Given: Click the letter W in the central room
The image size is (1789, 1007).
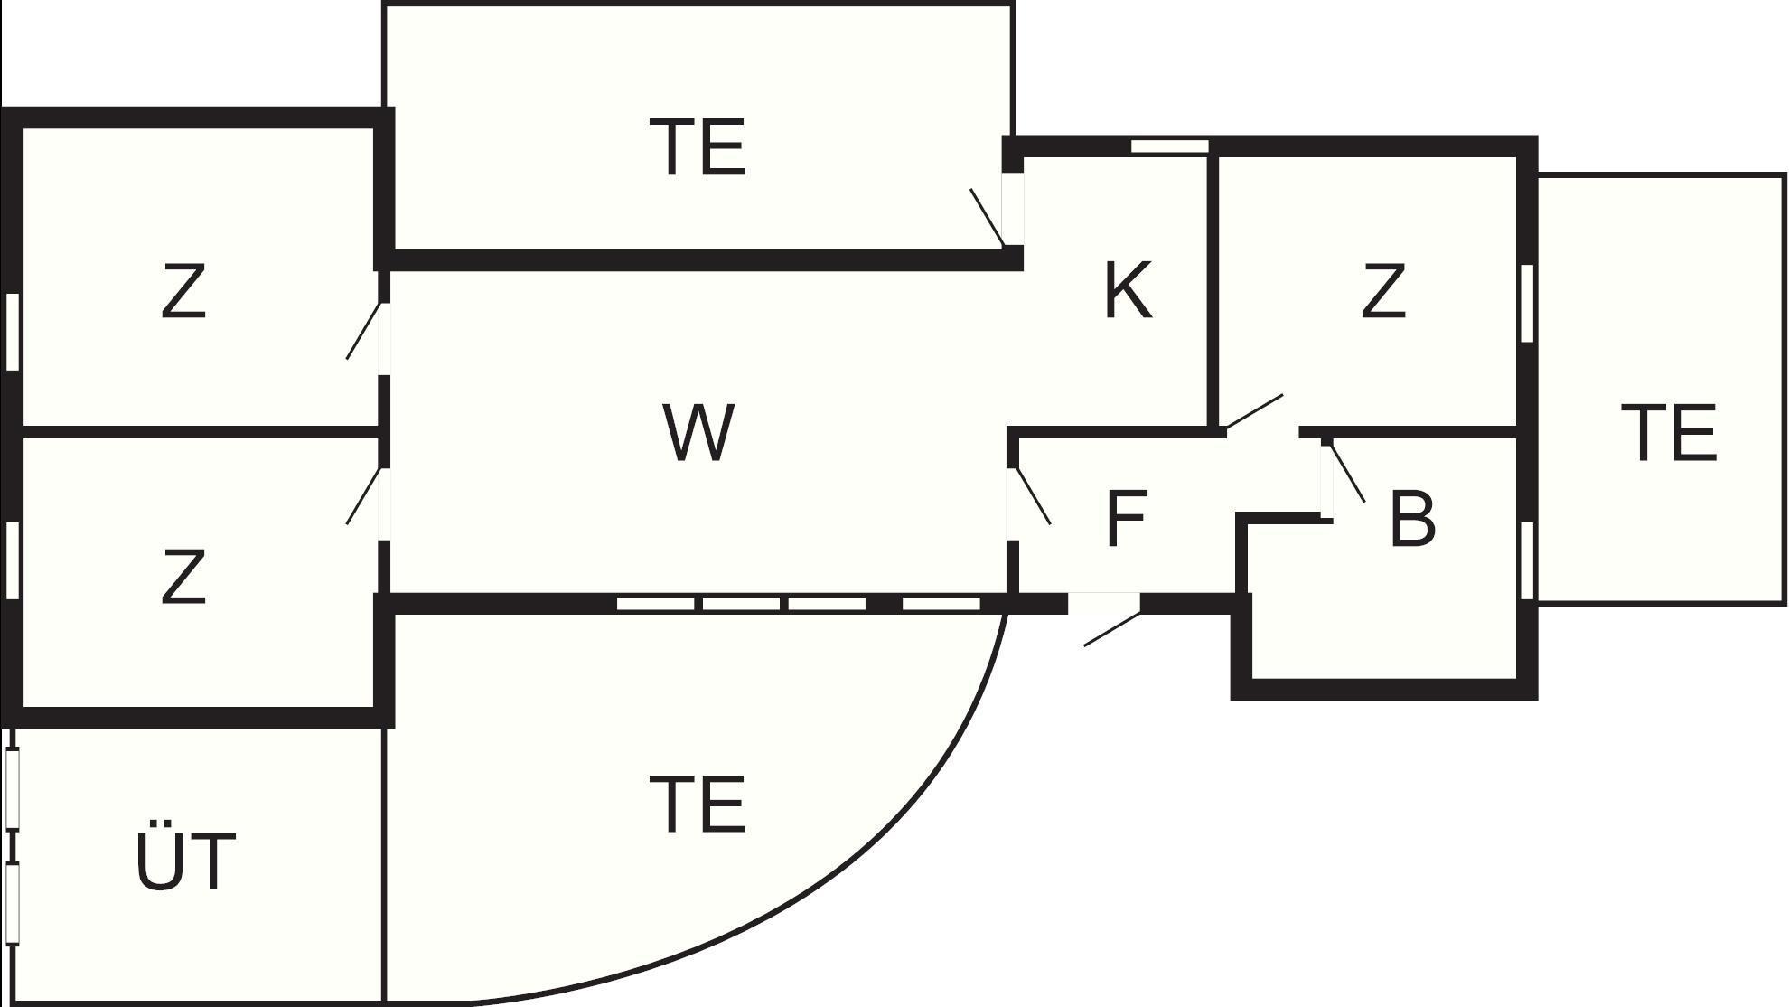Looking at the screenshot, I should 698,433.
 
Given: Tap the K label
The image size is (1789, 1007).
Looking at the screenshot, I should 1129,291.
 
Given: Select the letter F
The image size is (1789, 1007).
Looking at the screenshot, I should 1127,519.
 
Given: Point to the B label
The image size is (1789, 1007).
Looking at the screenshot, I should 1412,519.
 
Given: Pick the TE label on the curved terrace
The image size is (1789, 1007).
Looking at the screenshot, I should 698,805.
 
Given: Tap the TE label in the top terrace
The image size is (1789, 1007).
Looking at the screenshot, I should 698,147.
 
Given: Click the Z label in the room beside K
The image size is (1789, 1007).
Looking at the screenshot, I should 1383,291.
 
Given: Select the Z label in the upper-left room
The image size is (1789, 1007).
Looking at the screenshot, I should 183,291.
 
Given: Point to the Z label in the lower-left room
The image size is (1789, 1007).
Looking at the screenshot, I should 183,577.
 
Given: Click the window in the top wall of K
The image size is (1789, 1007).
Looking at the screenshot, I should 1170,146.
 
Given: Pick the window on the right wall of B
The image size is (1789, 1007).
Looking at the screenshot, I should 1527,560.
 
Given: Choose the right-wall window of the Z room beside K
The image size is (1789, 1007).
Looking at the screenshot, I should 1527,303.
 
